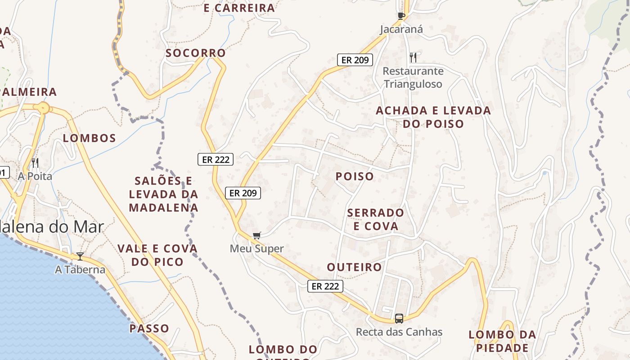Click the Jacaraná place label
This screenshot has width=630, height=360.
(401, 29)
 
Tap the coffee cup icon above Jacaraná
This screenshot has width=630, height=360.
(401, 16)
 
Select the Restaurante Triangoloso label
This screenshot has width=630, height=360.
(413, 77)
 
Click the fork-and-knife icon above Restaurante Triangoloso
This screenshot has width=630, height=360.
(413, 57)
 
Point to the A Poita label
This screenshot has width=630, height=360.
(35, 176)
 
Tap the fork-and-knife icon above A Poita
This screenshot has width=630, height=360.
(35, 162)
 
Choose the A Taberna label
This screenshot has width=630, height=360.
(80, 270)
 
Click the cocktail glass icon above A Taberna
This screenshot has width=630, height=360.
(80, 256)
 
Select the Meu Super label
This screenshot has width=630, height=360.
(257, 248)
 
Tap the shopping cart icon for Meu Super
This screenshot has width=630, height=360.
(257, 235)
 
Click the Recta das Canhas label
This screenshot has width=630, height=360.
(399, 332)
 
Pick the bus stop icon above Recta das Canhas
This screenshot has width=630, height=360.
(399, 319)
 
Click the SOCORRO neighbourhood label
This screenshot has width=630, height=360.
(196, 53)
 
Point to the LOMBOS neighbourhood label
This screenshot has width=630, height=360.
(90, 138)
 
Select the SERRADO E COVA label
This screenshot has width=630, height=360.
(376, 219)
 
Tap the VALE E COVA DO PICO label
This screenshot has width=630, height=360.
(157, 255)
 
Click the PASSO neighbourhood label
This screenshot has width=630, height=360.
(149, 328)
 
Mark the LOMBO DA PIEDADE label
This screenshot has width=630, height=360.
(502, 342)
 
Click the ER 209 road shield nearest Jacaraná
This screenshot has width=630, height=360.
(355, 60)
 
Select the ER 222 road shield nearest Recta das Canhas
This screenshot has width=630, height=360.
(325, 286)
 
